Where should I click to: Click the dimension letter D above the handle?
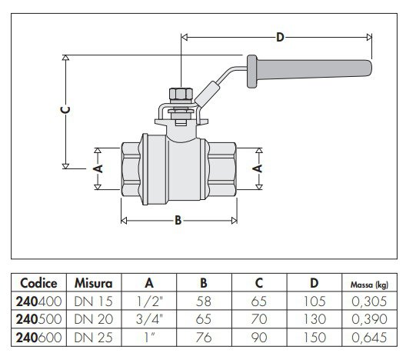click(279, 37)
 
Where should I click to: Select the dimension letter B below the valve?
click(178, 221)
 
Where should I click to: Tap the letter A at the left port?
click(98, 168)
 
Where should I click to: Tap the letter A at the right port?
click(258, 168)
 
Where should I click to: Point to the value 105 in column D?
click(314, 301)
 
